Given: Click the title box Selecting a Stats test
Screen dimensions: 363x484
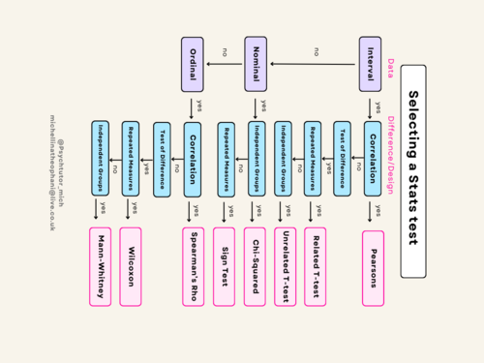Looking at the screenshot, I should tap(412, 171).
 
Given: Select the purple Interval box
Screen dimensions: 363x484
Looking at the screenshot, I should tap(370, 65).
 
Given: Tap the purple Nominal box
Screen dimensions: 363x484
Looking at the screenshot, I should tap(256, 65).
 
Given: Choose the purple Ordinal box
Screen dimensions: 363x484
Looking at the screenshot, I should tap(193, 65).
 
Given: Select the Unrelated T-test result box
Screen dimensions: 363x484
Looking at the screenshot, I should tap(285, 267).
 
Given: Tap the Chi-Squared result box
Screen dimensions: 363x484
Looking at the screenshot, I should tap(256, 267).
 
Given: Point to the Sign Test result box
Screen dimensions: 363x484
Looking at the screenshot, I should tap(225, 267).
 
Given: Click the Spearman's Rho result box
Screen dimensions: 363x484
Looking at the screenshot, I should tap(193, 267).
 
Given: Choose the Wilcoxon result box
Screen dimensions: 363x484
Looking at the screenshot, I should tap(130, 267).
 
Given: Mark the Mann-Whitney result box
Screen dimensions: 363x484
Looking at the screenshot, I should tap(100, 267).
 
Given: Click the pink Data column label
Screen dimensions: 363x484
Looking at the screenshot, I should tap(391, 68).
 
